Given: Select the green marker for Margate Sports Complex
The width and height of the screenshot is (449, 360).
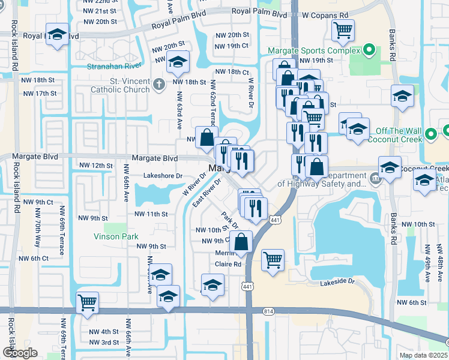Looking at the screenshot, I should click(370, 50).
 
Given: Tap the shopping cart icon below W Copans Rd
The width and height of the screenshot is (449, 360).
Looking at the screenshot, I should click(343, 30).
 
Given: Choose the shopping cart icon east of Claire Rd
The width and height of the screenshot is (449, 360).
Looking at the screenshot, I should click(273, 260).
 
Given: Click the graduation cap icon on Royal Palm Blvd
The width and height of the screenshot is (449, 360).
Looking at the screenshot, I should click(57, 35).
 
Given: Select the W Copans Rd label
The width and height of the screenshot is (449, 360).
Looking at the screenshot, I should click(325, 14).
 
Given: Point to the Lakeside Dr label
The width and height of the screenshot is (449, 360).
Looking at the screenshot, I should click(337, 281).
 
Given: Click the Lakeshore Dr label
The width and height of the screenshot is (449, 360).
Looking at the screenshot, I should click(163, 176).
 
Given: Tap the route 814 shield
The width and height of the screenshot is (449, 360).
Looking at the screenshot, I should click(268, 311).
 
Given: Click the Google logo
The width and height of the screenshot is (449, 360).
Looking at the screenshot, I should click(20, 353).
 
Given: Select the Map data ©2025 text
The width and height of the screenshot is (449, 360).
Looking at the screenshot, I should click(423, 355).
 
